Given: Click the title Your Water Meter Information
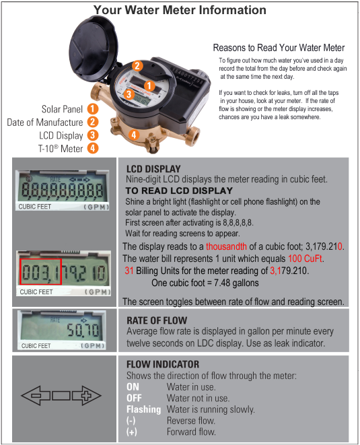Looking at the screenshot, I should coord(180,10).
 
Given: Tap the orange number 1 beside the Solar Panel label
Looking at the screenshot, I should coord(92,108).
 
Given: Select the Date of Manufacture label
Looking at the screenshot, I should coord(45,122).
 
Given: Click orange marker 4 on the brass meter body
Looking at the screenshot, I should coord(134,135).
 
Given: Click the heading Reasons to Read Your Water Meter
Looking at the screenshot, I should coord(279,48).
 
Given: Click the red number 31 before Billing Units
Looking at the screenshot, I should coord(129,271).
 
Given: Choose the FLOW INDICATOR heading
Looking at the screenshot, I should coord(164,364).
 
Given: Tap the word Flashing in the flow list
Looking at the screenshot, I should coord(143,409).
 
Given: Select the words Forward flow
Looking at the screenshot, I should coord(191,432).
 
